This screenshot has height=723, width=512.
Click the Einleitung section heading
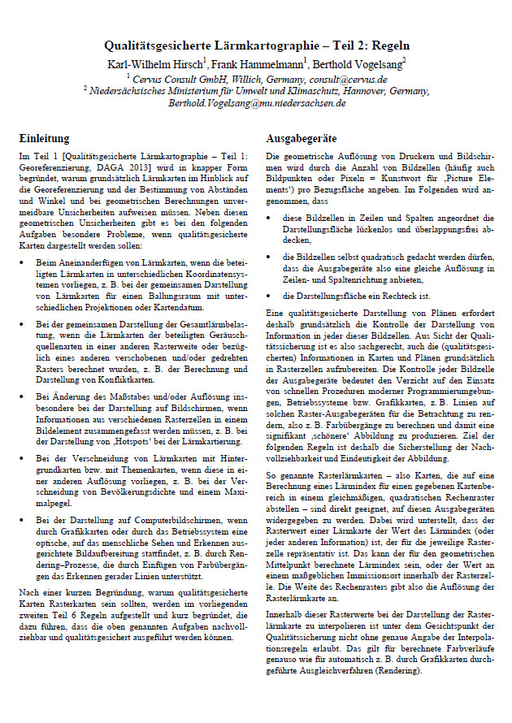(44, 139)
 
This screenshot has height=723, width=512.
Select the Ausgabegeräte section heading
(302, 139)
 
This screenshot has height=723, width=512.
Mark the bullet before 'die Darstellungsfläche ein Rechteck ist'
(270, 296)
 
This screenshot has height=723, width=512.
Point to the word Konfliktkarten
(115, 378)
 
